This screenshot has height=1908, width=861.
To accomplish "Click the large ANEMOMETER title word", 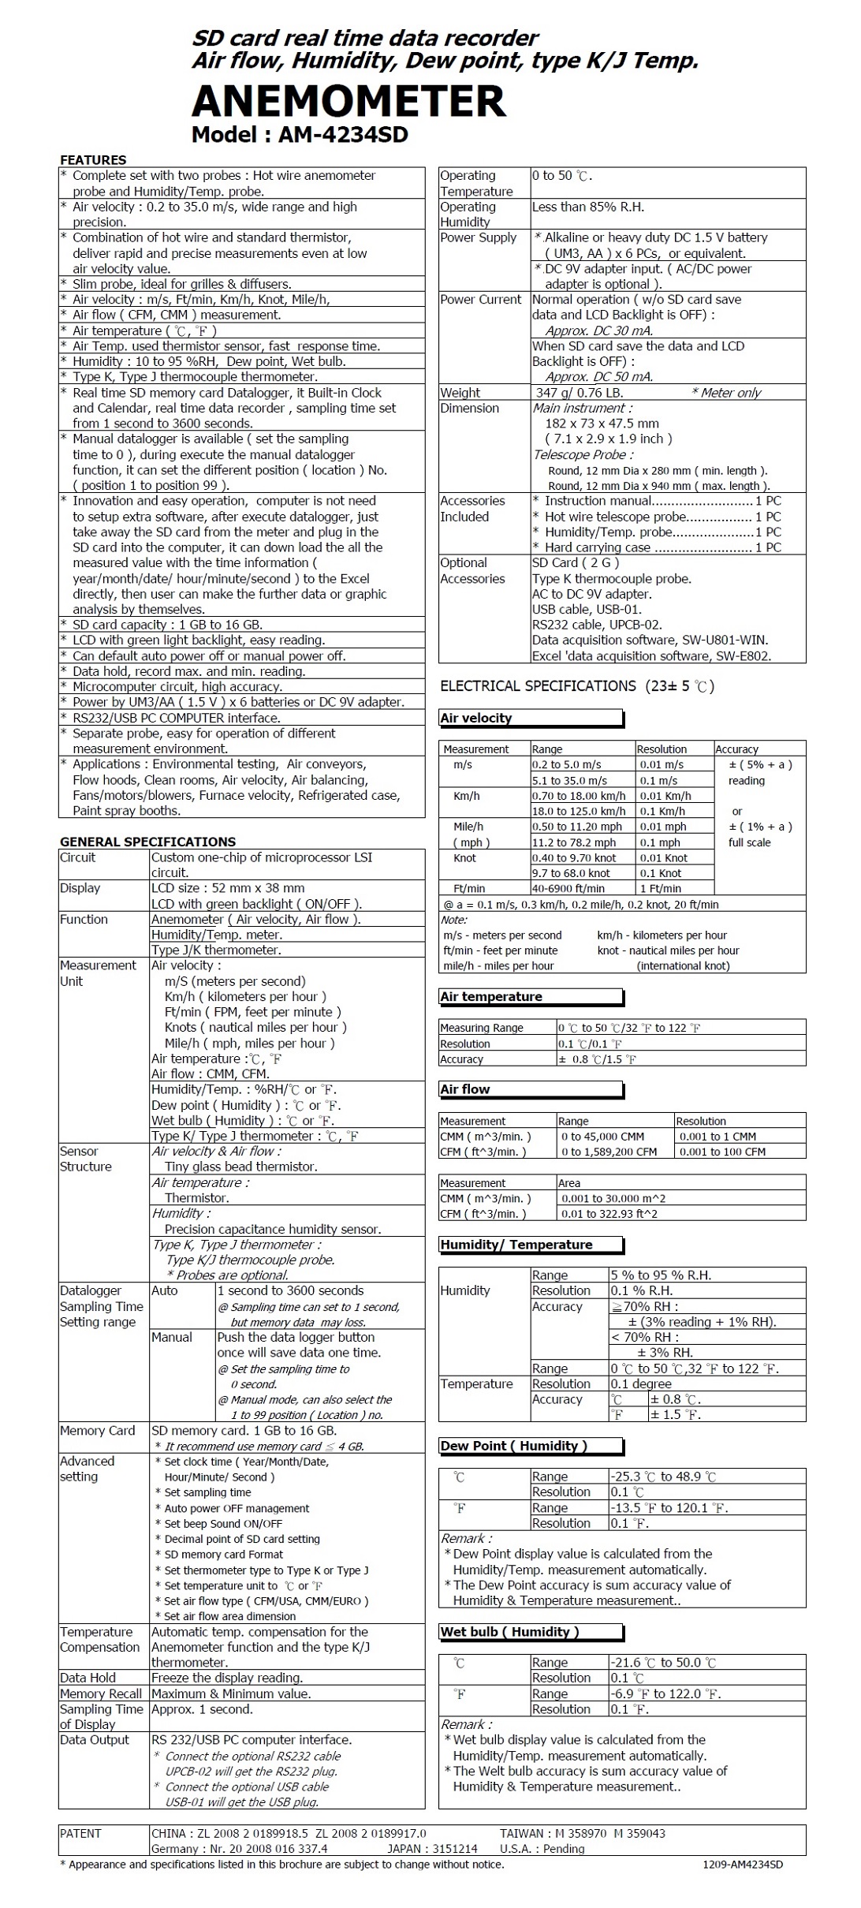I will coord(348,102).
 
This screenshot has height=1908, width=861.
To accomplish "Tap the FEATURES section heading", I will coord(93,160).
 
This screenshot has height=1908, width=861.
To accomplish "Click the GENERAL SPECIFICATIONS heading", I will coord(147,842).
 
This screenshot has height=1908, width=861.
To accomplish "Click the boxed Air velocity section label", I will coord(476,718).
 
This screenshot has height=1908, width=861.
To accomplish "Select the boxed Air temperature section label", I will coord(491,996).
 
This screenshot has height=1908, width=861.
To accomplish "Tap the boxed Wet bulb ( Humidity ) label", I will coord(509,1632).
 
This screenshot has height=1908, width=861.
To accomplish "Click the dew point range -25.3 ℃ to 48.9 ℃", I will coord(662,1477).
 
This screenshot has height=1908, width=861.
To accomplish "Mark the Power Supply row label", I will coord(478,237).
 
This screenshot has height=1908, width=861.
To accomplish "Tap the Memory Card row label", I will coord(97,1431).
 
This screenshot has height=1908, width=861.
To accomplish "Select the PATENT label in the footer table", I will coord(80,1834).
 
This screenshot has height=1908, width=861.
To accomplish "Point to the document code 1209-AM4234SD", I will coord(742,1865).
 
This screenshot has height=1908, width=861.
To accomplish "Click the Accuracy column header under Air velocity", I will coord(736,749).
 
